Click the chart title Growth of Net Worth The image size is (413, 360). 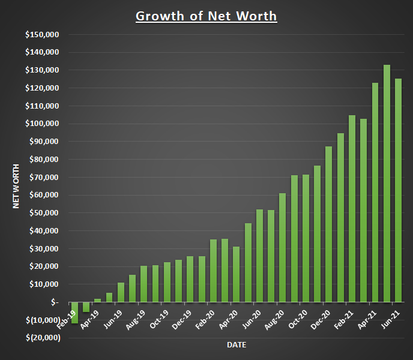[x=206, y=16]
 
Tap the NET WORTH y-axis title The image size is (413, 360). [x=17, y=185]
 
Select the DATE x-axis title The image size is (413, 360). [x=237, y=345]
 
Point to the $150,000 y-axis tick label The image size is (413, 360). [x=42, y=34]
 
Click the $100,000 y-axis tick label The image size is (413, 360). [x=42, y=124]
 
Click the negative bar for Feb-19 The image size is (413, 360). [x=74, y=313]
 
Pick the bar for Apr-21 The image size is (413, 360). [x=375, y=193]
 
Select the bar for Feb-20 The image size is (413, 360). [x=213, y=271]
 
